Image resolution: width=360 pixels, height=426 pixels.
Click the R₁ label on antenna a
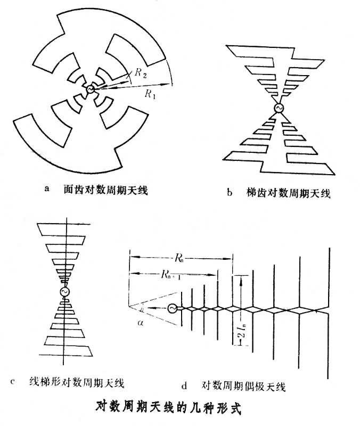click(x=150, y=94)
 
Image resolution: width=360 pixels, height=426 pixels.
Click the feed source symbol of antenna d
click(x=172, y=308)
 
